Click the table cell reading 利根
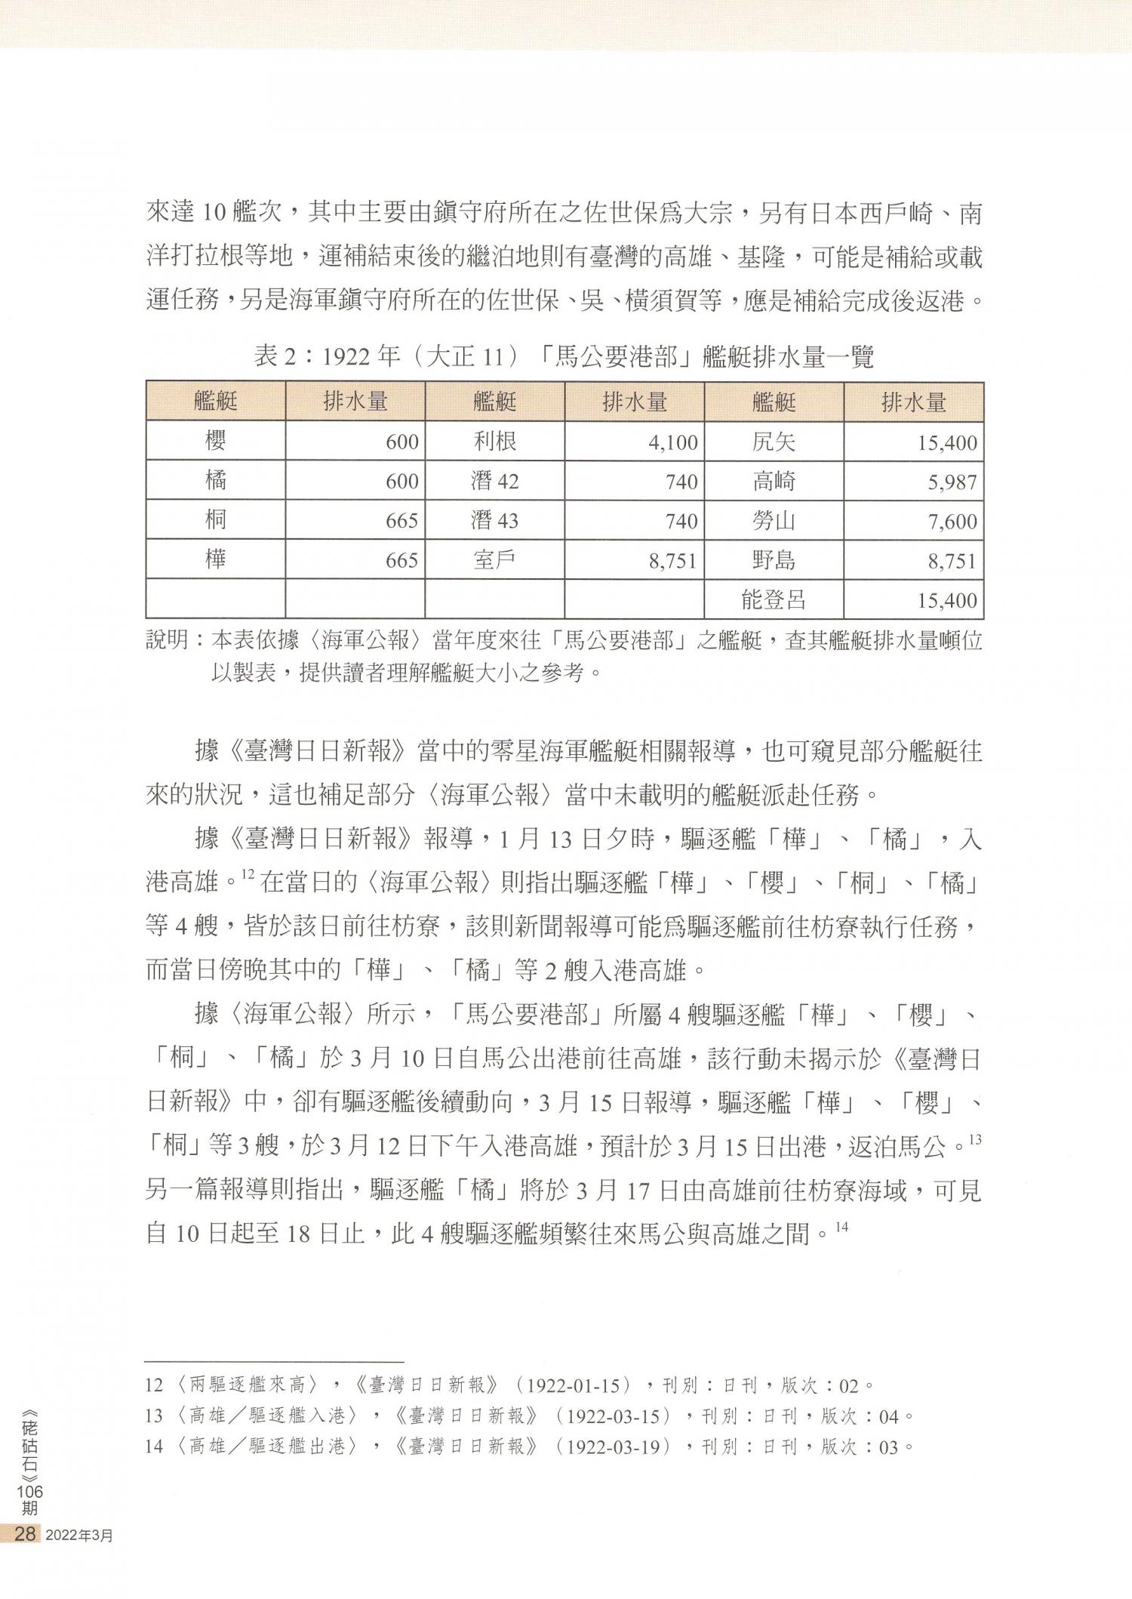[x=494, y=441]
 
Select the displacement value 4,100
[x=672, y=442]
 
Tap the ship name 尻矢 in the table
[x=774, y=442]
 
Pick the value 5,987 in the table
[x=952, y=482]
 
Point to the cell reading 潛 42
[x=494, y=482]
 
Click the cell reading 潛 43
[x=494, y=521]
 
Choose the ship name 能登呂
[x=774, y=600]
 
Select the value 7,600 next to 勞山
[x=952, y=522]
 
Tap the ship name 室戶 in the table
[x=494, y=560]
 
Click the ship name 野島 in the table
[x=774, y=560]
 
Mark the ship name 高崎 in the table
[x=774, y=482]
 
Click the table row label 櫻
[x=216, y=441]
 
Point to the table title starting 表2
[x=564, y=356]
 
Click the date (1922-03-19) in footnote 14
[x=617, y=1447]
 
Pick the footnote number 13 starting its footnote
[x=154, y=1416]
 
